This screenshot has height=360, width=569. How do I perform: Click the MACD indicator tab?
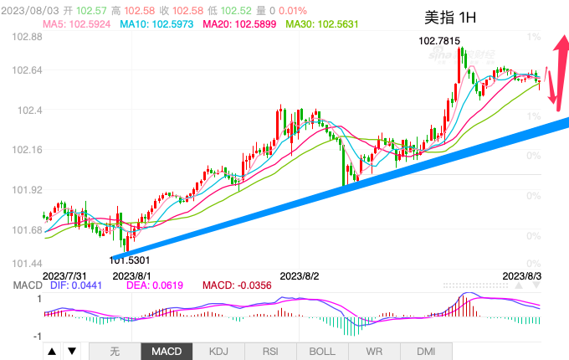[x=167, y=352]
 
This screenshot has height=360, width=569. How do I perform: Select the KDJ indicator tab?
[x=219, y=352]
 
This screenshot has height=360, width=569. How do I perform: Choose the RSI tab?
[x=271, y=352]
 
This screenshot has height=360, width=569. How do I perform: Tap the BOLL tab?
[x=323, y=352]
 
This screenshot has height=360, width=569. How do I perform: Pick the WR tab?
[x=375, y=352]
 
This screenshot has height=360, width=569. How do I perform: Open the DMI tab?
[x=427, y=352]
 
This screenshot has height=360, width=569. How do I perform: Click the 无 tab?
[x=115, y=352]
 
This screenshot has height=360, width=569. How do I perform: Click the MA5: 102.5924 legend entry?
[x=76, y=24]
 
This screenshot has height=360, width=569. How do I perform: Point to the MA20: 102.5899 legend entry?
[x=238, y=24]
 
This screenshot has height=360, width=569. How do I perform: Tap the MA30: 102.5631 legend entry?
[x=322, y=24]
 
